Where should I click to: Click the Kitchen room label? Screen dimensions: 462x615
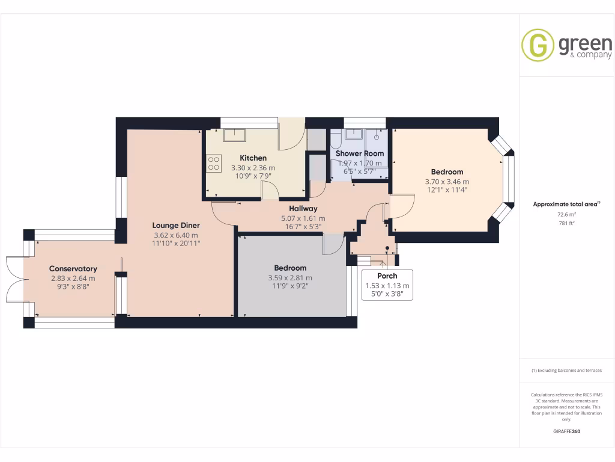point(253,158)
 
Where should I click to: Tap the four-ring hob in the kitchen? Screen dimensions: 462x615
point(214,163)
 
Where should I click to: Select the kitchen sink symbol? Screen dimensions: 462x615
point(233,134)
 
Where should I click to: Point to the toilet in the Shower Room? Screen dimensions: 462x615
point(335,141)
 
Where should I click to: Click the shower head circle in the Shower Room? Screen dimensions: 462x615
point(377,137)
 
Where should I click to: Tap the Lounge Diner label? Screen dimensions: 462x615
point(175,226)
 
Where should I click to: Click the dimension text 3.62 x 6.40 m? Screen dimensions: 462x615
point(175,235)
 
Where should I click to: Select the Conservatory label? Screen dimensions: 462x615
point(73,269)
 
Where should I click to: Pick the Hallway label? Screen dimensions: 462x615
point(303,209)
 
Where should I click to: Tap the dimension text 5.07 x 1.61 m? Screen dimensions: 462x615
point(303,218)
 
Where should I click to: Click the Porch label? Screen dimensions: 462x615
point(387,276)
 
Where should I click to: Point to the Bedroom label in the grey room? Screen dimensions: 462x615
point(290,268)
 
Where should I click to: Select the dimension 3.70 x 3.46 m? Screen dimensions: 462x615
point(447,182)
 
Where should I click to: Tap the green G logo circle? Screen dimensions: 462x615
point(538,46)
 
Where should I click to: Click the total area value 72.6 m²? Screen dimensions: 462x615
point(566,214)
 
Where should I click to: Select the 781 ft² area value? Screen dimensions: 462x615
point(566,223)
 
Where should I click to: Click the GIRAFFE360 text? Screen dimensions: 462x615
point(566,431)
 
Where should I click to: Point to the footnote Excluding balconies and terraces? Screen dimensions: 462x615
point(566,371)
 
